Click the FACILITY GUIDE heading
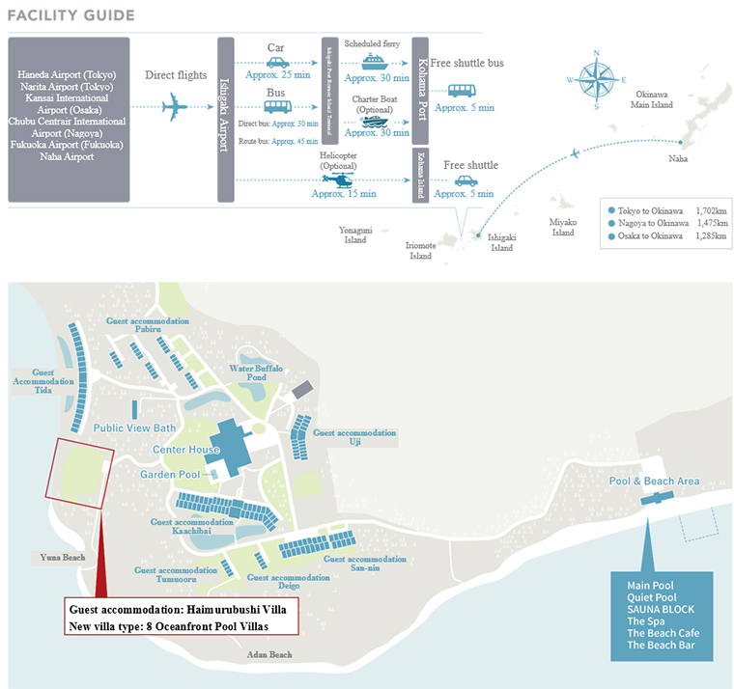(71, 15)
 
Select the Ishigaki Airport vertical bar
(226, 119)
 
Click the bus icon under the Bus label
(277, 106)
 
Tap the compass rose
(596, 79)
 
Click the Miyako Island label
(562, 228)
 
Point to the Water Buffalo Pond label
(255, 372)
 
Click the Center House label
(185, 451)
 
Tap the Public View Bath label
(135, 427)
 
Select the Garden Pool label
(170, 475)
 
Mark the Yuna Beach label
(63, 557)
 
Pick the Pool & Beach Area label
(655, 481)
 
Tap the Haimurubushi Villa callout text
(183, 608)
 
